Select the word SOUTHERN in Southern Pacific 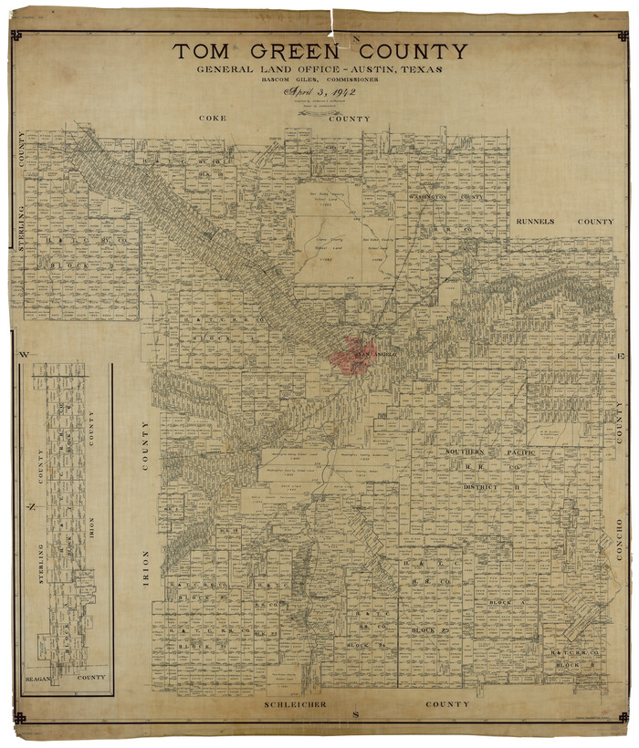tap(470, 452)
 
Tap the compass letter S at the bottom tap(357, 712)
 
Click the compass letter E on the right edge tap(618, 354)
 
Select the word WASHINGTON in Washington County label tap(432, 197)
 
